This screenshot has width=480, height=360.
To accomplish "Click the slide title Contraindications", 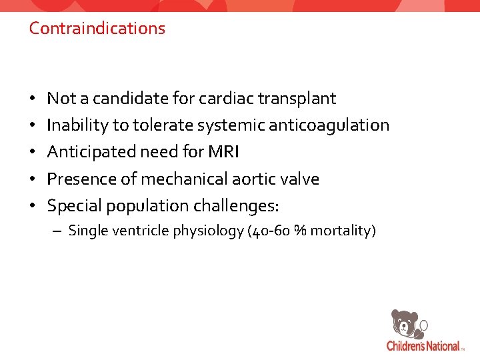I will point(97,29).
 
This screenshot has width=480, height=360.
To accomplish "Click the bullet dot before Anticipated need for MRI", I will point(33,153).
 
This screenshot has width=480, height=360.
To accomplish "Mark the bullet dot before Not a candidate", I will point(33,99).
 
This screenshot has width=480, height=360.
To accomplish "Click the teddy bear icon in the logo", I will point(405,324).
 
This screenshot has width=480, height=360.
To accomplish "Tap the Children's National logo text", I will point(424,346).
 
